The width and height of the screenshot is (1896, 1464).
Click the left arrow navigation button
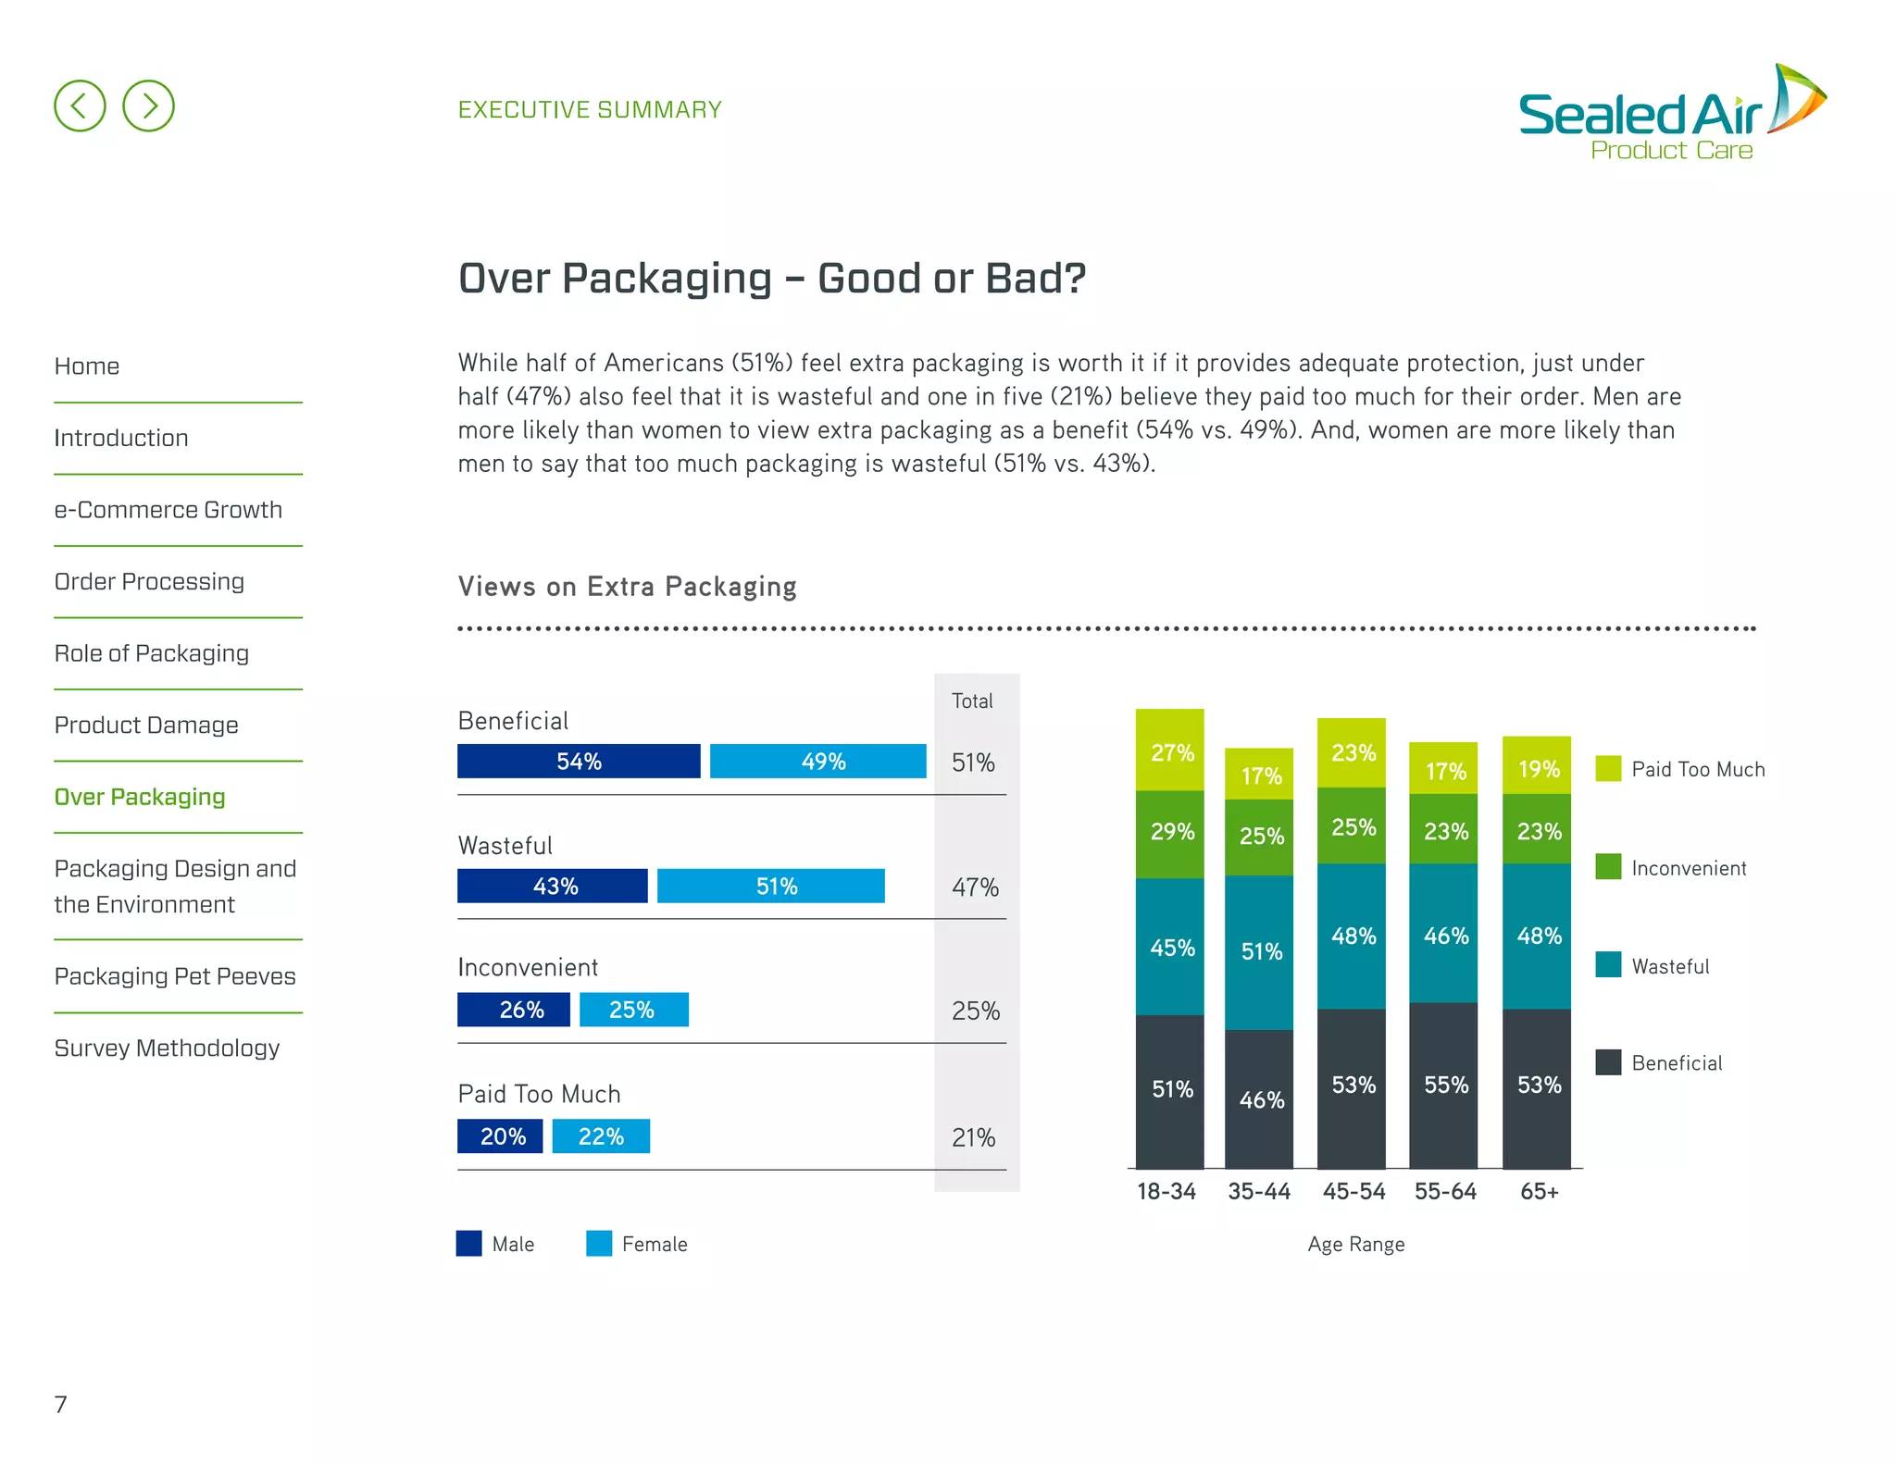click(80, 105)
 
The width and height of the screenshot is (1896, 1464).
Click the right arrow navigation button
click(148, 105)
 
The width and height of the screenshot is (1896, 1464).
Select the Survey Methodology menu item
click(167, 1048)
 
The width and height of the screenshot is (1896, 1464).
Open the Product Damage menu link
click(146, 725)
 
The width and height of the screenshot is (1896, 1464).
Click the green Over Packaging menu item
click(140, 797)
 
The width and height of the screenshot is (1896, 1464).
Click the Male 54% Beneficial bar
click(579, 761)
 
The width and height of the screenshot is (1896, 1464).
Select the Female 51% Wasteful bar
click(770, 886)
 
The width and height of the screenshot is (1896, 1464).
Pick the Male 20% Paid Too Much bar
click(500, 1136)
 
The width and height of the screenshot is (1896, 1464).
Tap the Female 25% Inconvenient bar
click(633, 1010)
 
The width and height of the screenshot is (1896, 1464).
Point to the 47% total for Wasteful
click(975, 887)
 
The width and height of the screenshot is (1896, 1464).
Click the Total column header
click(972, 701)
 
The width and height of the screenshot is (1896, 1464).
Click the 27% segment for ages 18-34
click(1170, 751)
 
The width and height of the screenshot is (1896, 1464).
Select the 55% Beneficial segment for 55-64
click(1443, 1085)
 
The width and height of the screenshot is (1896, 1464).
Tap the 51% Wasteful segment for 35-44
click(1259, 951)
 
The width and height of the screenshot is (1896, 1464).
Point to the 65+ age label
click(1539, 1191)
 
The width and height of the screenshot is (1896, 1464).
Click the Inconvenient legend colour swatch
click(1608, 867)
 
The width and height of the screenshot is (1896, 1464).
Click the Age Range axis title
click(1355, 1244)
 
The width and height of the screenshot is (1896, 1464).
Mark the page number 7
click(61, 1404)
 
